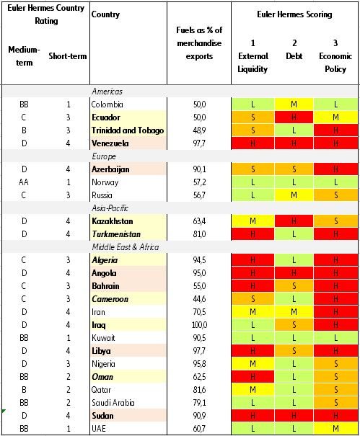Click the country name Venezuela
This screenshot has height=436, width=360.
coord(112,143)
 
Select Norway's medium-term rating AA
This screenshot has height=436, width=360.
coord(25,182)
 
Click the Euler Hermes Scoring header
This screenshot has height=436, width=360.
coord(294,14)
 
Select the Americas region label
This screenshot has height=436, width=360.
coord(108,92)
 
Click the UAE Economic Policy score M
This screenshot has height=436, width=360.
coord(335,428)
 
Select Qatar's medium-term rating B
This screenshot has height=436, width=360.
coord(25,389)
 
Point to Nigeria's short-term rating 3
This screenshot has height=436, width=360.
coord(68,363)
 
